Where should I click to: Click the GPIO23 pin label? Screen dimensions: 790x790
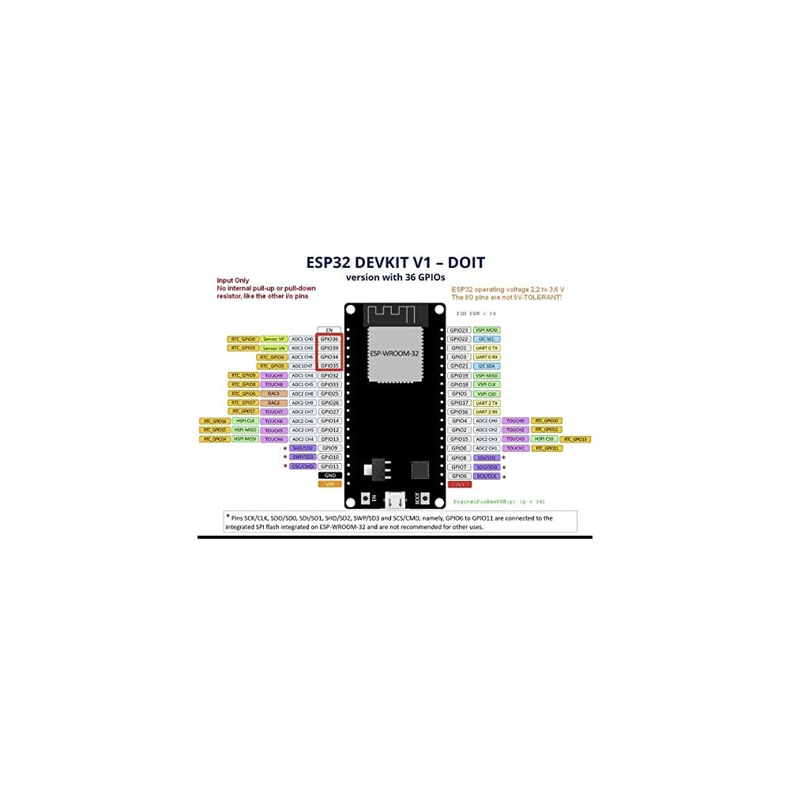[459, 329]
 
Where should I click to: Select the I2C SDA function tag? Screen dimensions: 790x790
[487, 366]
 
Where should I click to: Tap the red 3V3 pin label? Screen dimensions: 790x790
[459, 484]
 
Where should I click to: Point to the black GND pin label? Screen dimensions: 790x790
[329, 476]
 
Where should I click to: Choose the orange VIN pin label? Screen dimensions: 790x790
[329, 484]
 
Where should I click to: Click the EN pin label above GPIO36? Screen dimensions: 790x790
[329, 329]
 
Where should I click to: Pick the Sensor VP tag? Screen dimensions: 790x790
[273, 339]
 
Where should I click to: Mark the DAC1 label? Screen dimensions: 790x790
[273, 393]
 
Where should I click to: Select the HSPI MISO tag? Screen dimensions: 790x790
[245, 430]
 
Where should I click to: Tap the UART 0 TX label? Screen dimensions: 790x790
[487, 348]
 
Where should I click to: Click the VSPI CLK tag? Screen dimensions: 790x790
[487, 384]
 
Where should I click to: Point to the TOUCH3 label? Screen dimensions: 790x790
[515, 438]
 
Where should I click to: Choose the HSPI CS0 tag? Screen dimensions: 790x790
[544, 438]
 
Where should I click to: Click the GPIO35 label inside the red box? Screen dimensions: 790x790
[329, 366]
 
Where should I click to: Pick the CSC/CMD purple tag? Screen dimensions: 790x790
[303, 466]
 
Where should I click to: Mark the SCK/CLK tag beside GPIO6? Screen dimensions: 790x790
[487, 476]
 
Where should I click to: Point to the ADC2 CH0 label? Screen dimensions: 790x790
[487, 420]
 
